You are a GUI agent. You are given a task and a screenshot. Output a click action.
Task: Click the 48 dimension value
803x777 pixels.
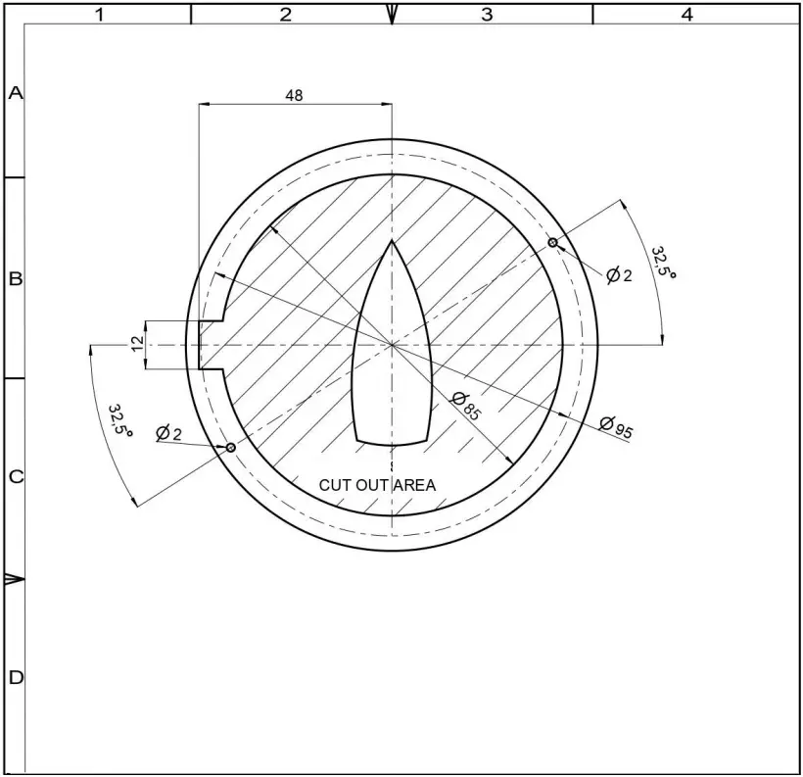[x=294, y=95]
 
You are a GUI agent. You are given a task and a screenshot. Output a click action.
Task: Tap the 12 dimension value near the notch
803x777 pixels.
[x=137, y=344]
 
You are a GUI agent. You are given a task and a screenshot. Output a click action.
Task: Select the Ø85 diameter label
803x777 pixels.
[x=466, y=405]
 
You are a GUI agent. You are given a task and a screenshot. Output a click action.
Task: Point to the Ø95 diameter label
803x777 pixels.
[x=617, y=427]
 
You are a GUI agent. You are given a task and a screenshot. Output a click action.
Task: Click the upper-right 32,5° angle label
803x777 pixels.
[x=665, y=263]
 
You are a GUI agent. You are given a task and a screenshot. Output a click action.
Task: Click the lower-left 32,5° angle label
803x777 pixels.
[x=120, y=419]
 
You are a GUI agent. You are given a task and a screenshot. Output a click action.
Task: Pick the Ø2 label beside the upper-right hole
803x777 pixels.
[x=619, y=275]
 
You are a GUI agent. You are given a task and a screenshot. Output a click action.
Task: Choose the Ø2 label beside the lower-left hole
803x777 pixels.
[x=168, y=433]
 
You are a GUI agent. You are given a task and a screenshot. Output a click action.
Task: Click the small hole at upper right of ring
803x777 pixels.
[x=552, y=242]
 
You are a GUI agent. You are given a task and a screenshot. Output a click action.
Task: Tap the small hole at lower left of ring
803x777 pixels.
[x=231, y=448]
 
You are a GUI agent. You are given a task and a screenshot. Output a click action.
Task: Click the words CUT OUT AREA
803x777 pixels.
[x=377, y=485]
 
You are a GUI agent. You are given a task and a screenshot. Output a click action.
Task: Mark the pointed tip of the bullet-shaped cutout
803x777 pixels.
[x=392, y=241]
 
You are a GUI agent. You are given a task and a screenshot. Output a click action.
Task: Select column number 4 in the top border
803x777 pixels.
[x=687, y=14]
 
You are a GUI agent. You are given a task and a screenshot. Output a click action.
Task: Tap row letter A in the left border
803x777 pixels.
[x=15, y=93]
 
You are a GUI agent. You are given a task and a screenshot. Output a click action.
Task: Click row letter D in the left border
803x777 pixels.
[x=15, y=677]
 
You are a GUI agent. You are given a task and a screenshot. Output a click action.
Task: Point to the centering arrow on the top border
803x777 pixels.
[x=392, y=14]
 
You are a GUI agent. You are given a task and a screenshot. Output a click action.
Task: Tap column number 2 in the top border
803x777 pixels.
[x=286, y=14]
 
